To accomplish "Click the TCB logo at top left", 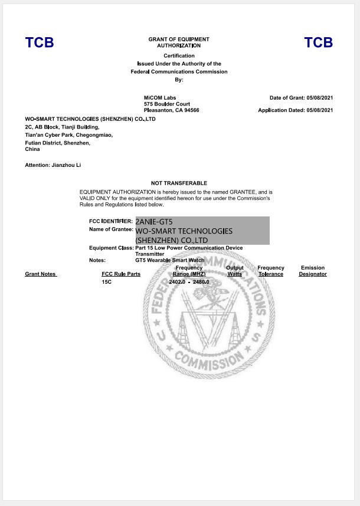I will (x=39, y=42).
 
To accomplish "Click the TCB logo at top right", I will (x=318, y=42).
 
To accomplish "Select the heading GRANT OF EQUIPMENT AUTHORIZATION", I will (x=179, y=42).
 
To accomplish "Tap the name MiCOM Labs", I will (x=160, y=97).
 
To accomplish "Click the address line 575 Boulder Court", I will (x=167, y=104).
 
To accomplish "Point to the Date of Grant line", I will (x=301, y=97).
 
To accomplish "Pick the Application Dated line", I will (x=295, y=110).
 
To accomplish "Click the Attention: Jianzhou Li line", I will (x=53, y=165).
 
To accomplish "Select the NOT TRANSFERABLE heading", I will (x=179, y=183).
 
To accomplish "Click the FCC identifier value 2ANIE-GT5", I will (x=154, y=222).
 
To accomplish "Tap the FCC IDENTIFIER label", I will (x=111, y=221).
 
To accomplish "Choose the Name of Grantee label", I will (x=111, y=229).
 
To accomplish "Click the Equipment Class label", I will (x=111, y=248).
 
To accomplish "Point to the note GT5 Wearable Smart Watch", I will (x=169, y=260).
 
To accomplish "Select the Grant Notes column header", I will (x=41, y=274).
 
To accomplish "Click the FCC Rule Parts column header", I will (x=121, y=274).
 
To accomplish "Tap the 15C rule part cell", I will (x=106, y=282).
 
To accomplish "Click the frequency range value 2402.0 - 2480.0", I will (x=189, y=282).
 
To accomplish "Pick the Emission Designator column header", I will (x=313, y=271).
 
